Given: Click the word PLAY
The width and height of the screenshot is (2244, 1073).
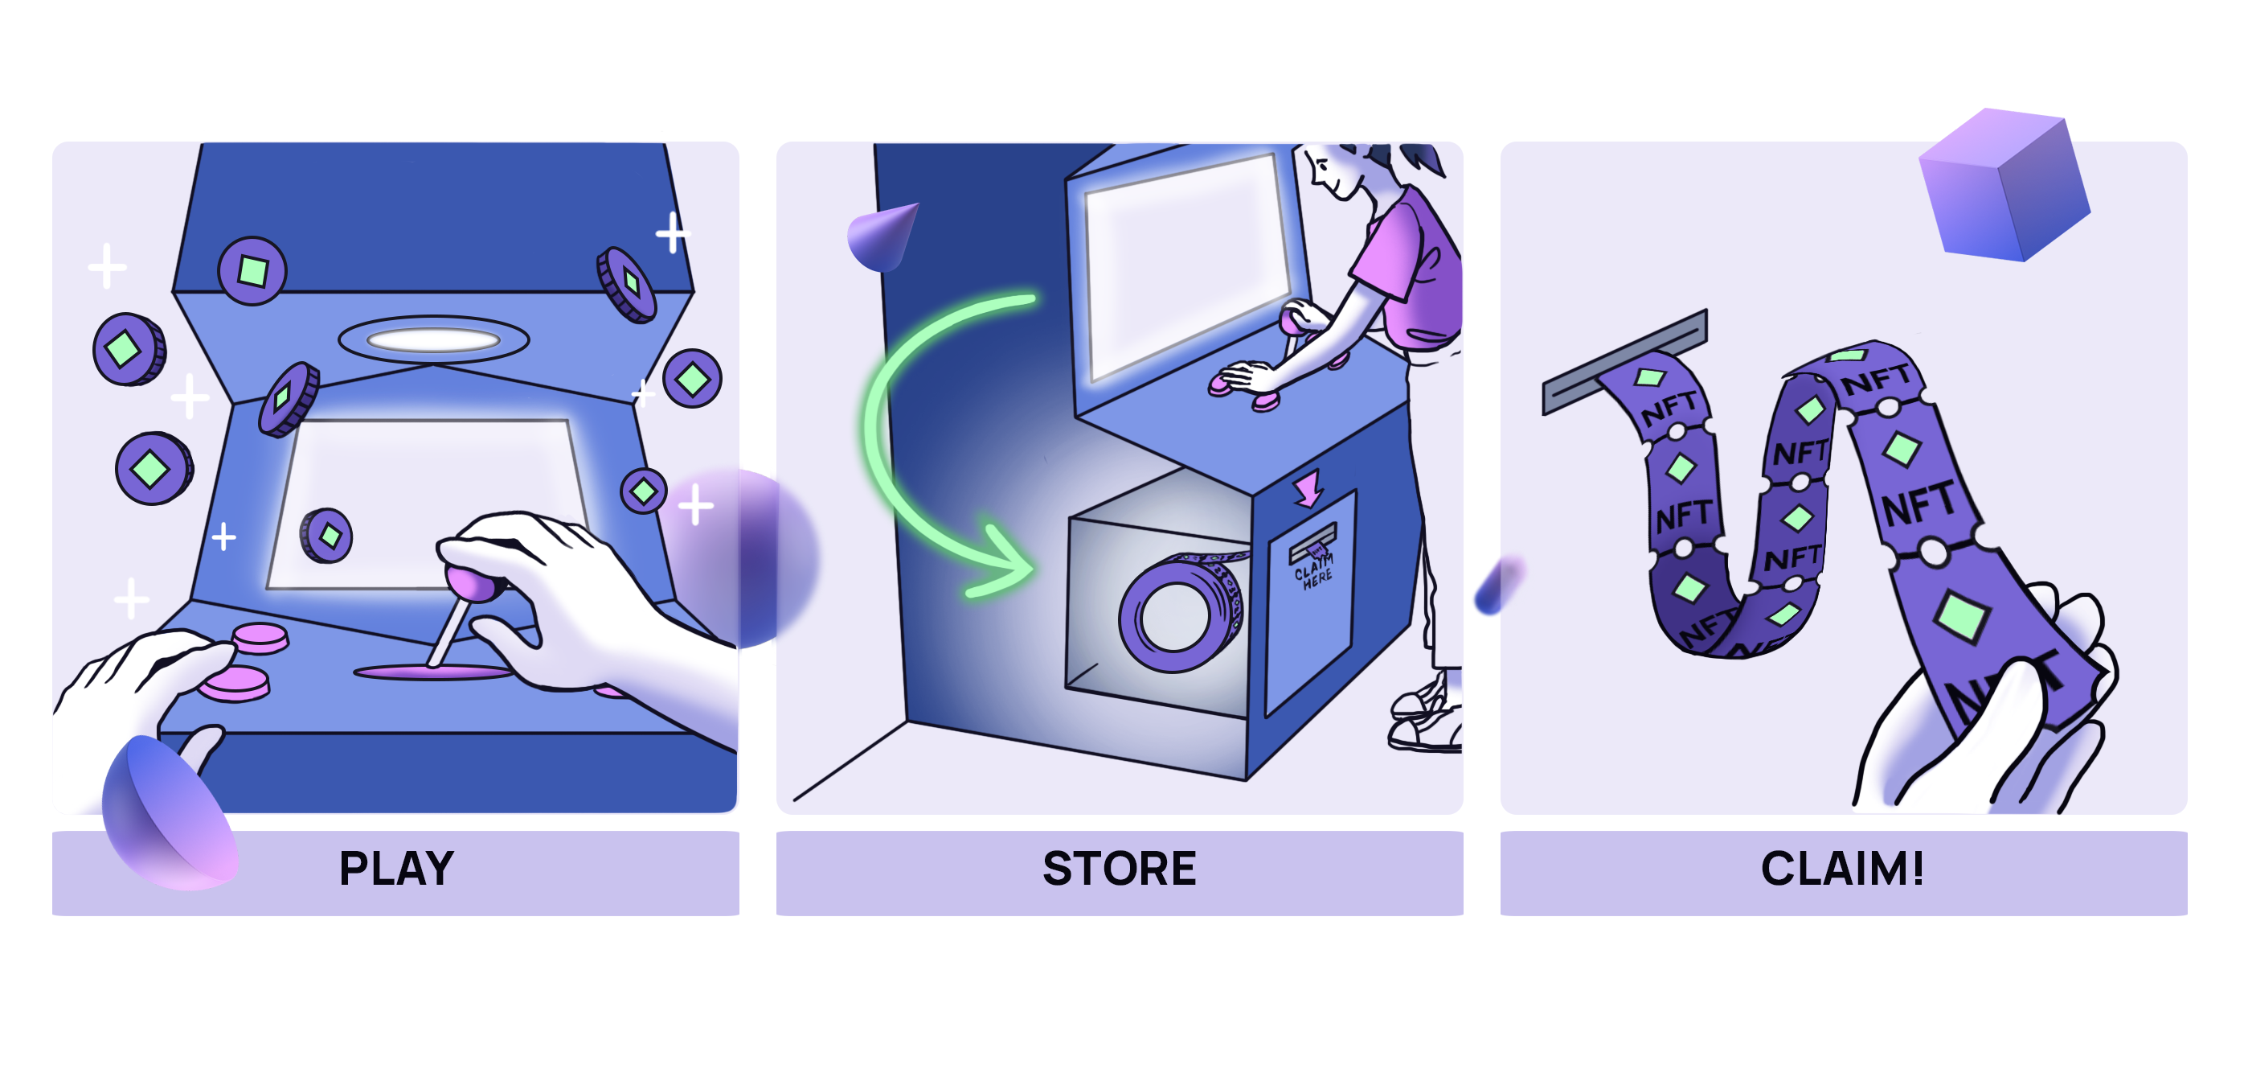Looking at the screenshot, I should click(x=396, y=868).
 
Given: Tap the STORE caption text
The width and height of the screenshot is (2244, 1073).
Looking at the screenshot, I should click(x=1119, y=868).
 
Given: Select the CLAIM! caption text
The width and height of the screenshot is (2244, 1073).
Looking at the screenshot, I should click(x=1841, y=868).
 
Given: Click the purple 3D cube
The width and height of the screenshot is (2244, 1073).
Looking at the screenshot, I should click(x=2004, y=185).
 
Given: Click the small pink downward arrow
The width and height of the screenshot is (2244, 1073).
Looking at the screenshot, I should click(x=1308, y=488).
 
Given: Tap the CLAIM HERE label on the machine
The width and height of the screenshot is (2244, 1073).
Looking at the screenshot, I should click(x=1313, y=571).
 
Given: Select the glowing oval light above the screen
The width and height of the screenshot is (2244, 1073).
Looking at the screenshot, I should click(x=433, y=339).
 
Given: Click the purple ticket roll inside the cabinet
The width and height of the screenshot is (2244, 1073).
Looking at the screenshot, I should click(x=1181, y=615).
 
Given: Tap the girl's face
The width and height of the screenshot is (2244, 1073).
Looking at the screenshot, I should click(x=1333, y=170).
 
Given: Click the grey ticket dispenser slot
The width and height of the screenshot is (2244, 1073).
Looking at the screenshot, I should click(x=1624, y=362).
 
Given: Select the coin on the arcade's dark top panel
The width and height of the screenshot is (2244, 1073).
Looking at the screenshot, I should click(x=252, y=271).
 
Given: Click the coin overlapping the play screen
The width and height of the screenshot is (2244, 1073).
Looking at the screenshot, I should click(x=326, y=535).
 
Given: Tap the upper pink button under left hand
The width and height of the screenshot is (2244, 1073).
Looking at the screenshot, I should click(x=260, y=637).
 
